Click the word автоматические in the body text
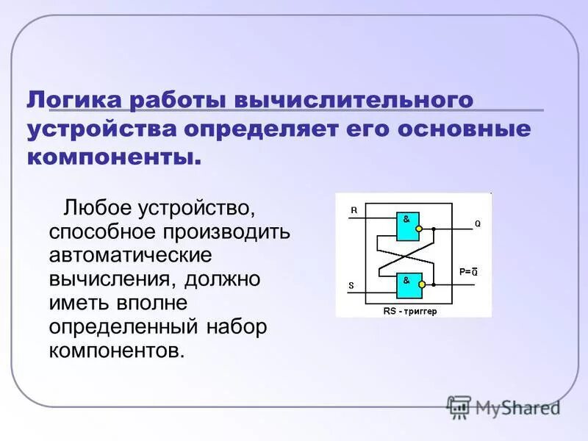pyautogui.click(x=131, y=256)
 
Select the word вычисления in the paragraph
pyautogui.click(x=110, y=279)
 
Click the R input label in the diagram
pyautogui.click(x=354, y=210)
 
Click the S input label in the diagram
pyautogui.click(x=352, y=285)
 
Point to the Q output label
pyautogui.click(x=477, y=224)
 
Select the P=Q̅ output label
pyautogui.click(x=468, y=272)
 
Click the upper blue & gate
pyautogui.click(x=406, y=226)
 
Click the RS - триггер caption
pyautogui.click(x=409, y=311)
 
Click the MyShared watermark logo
pyautogui.click(x=503, y=406)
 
